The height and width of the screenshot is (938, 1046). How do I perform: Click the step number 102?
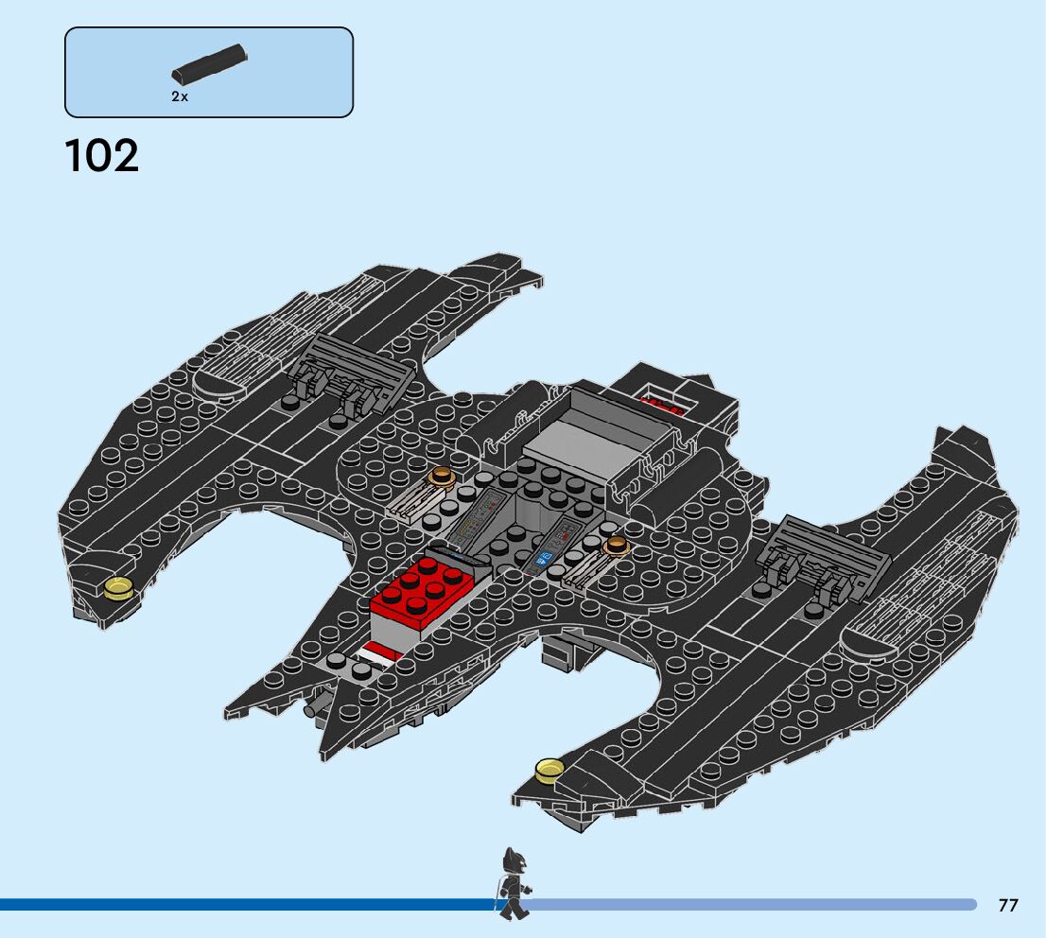(101, 156)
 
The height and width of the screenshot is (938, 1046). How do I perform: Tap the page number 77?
(1008, 906)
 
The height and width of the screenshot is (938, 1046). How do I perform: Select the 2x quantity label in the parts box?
(180, 96)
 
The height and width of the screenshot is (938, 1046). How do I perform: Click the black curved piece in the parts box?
(209, 63)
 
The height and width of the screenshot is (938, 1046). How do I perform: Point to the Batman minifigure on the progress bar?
(513, 882)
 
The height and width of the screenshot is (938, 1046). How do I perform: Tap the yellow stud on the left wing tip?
(119, 588)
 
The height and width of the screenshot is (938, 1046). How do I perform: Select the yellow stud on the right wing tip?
(547, 771)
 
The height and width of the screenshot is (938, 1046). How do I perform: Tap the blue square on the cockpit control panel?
(545, 559)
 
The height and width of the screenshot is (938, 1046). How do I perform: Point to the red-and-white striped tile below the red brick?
(378, 652)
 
